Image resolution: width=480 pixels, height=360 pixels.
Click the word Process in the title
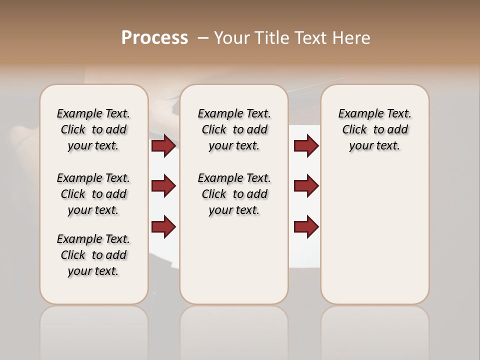(154, 38)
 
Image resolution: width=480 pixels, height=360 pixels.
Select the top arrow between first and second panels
(163, 145)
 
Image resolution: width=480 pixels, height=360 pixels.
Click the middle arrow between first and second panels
(163, 186)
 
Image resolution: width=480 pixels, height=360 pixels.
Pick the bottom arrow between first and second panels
(163, 226)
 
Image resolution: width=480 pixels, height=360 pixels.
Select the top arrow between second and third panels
(306, 145)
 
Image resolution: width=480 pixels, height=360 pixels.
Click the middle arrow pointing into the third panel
(306, 186)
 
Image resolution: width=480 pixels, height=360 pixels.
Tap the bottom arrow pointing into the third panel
(306, 226)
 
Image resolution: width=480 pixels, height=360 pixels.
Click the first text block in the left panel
(93, 129)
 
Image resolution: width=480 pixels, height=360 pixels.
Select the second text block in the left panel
(93, 194)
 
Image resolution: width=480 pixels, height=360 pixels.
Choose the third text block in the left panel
(93, 255)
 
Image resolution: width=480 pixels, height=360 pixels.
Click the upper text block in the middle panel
(234, 129)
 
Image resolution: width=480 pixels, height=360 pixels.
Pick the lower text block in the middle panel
(234, 194)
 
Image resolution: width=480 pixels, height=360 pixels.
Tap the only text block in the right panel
(375, 129)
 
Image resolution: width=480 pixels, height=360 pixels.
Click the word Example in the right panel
(357, 114)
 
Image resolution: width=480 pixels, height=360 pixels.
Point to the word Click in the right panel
(354, 130)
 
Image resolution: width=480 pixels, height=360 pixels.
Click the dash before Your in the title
(203, 38)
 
